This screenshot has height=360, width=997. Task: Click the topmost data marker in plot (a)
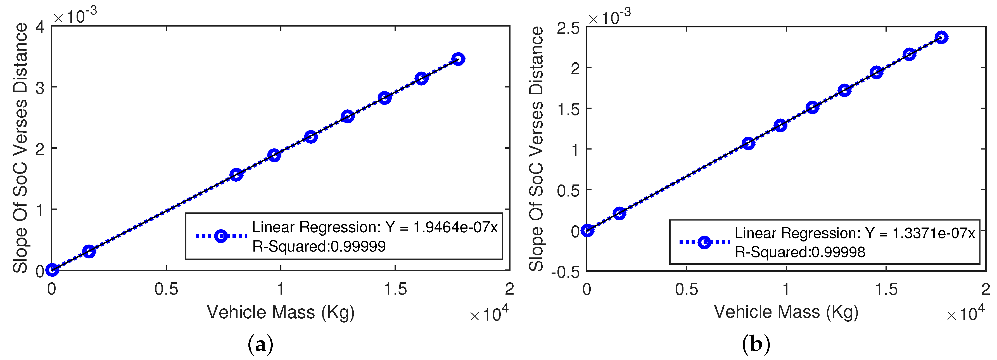click(x=458, y=59)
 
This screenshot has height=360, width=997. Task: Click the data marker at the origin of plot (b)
click(x=587, y=230)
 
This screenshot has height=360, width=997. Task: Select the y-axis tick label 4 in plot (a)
click(x=40, y=27)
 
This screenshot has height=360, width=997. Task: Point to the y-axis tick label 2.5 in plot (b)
click(x=568, y=28)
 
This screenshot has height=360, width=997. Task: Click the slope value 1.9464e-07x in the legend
click(x=455, y=227)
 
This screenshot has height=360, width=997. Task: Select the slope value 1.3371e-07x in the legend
click(x=934, y=233)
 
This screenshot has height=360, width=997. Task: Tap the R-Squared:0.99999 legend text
click(x=319, y=246)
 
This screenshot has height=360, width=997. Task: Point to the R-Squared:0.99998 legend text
click(x=800, y=252)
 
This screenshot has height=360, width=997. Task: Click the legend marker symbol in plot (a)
click(x=221, y=236)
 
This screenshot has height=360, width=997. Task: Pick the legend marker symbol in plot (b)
click(x=704, y=242)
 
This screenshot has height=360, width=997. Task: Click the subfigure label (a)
click(x=260, y=344)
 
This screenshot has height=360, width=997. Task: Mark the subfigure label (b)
click(x=756, y=344)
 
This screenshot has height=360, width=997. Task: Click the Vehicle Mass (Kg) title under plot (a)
click(x=281, y=312)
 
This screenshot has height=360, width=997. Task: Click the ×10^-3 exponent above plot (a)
click(x=75, y=16)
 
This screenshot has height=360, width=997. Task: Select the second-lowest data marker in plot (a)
click(x=89, y=251)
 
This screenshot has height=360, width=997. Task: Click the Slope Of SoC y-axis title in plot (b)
click(x=536, y=149)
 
